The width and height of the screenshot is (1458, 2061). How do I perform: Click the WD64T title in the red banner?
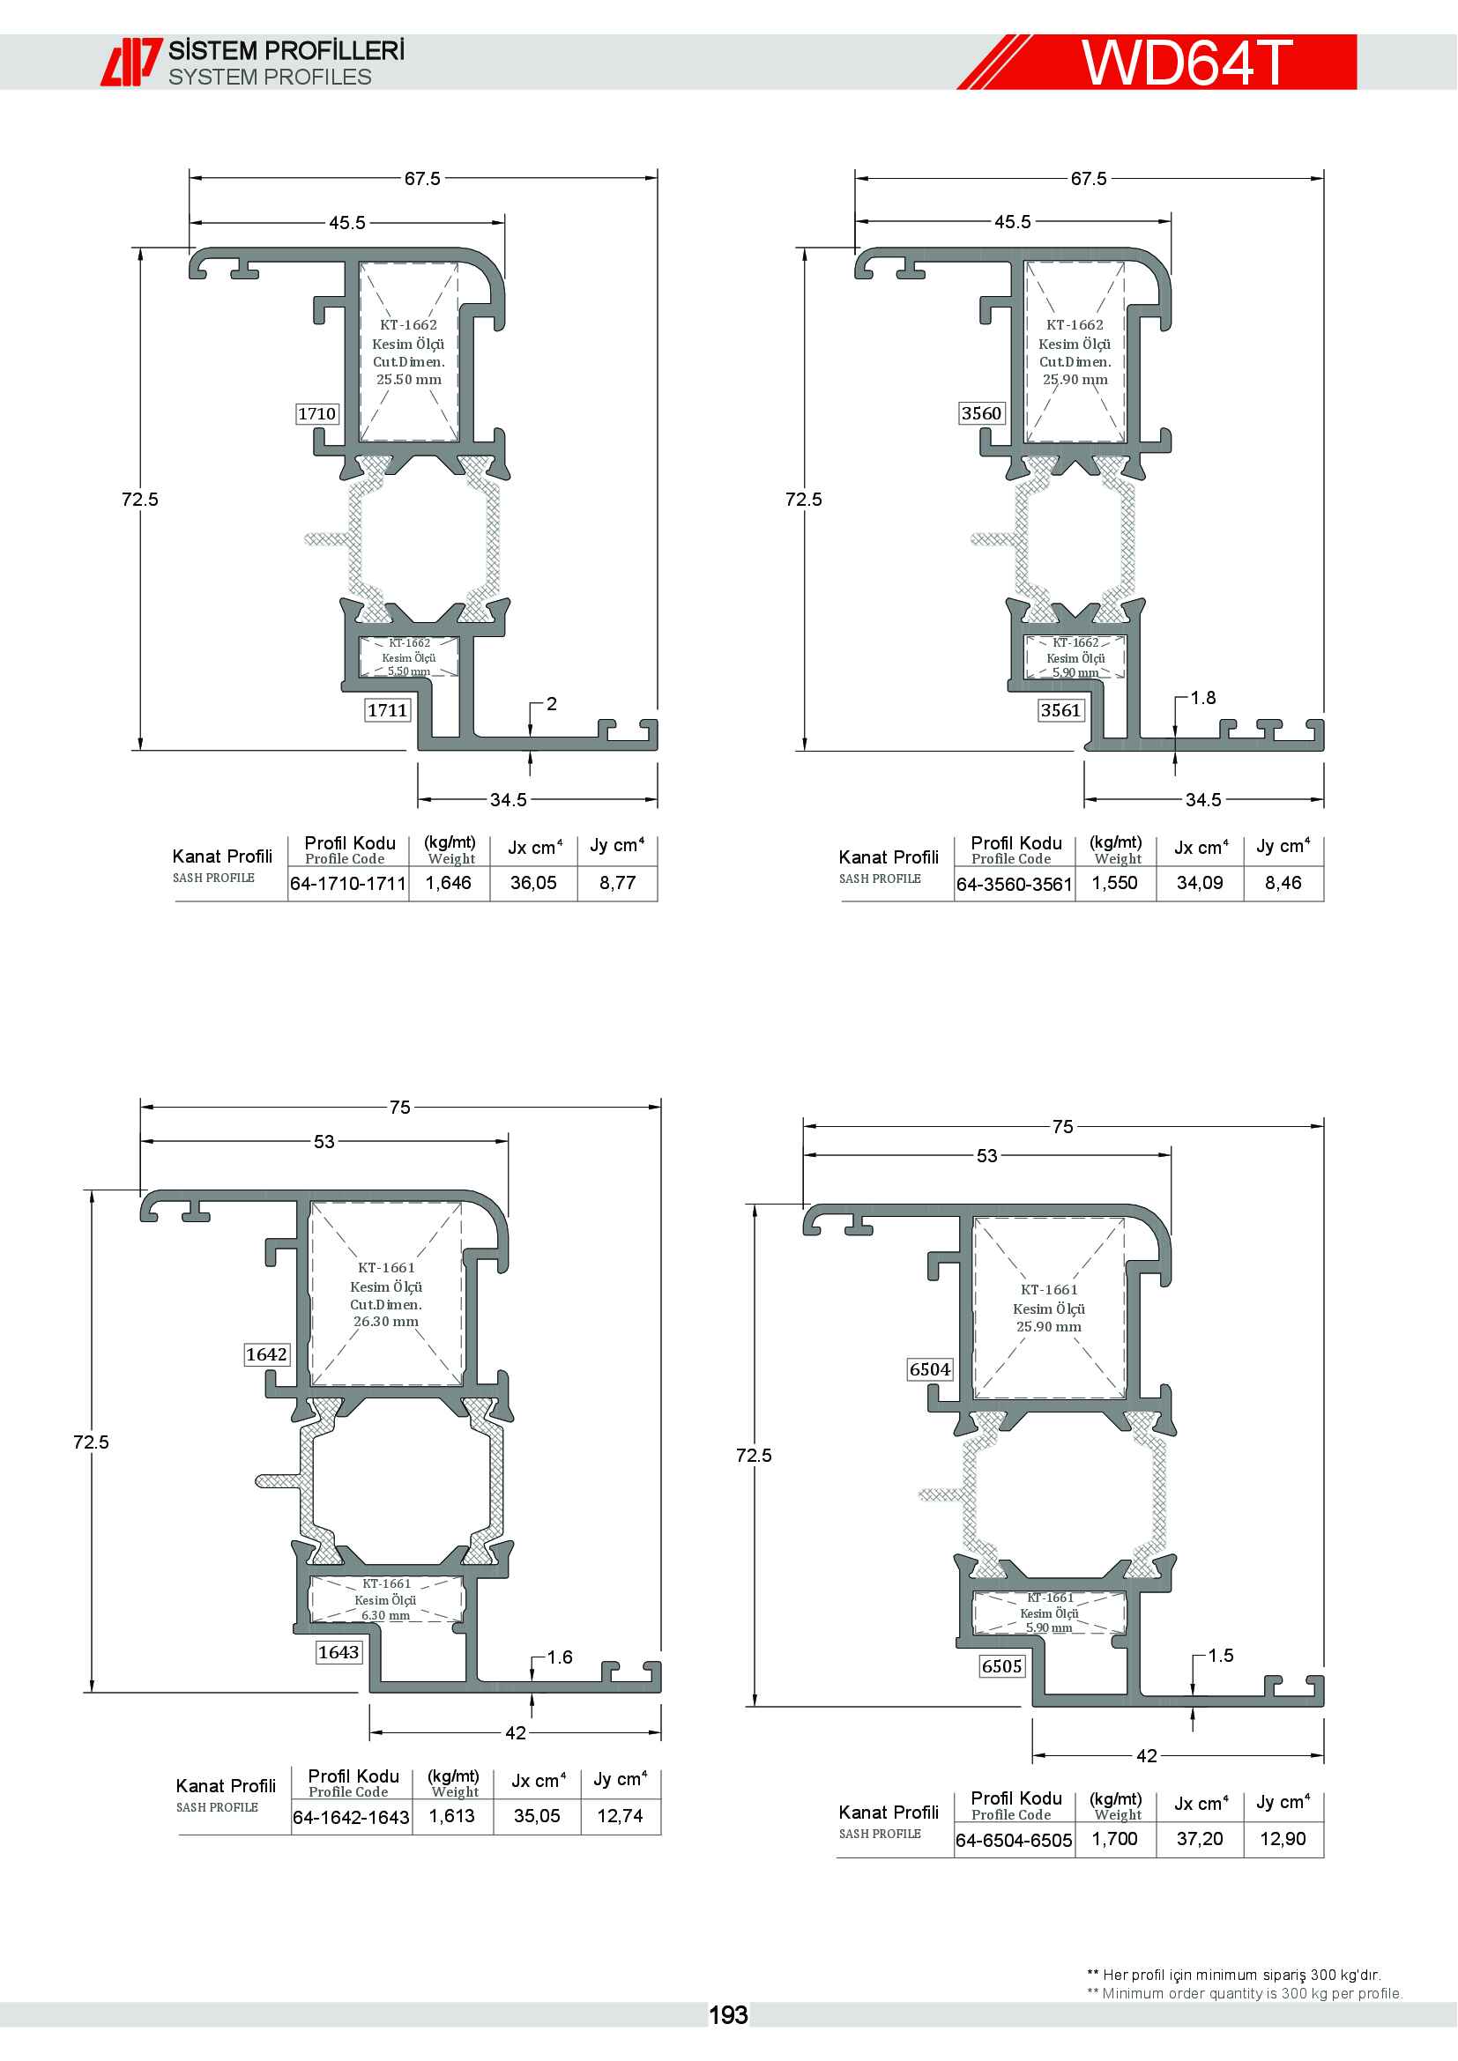coord(1186,62)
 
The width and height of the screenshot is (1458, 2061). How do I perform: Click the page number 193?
coord(728,2015)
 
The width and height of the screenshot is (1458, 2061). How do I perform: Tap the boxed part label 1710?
coord(317,414)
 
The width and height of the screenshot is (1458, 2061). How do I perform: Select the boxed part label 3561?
coord(1060,710)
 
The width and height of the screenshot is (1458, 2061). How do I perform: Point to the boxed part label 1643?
coord(338,1651)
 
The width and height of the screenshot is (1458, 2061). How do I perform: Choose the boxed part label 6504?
coord(929,1369)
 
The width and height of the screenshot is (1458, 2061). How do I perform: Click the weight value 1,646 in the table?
coord(448,883)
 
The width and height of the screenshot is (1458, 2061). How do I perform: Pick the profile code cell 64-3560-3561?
coord(1015,884)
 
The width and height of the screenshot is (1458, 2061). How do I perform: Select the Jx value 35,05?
coord(537,1816)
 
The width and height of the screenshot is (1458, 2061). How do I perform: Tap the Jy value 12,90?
coord(1283,1839)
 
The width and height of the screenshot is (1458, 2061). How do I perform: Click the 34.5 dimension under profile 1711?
coord(508,800)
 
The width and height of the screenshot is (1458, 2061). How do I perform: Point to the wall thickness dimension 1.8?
coord(1203,698)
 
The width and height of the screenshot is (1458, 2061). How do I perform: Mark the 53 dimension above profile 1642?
coord(324,1142)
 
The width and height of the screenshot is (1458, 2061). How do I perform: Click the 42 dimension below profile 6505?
coord(1147,1756)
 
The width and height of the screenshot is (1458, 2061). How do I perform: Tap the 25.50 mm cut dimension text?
coord(408,380)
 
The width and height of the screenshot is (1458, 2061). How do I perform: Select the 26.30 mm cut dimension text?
coord(386,1322)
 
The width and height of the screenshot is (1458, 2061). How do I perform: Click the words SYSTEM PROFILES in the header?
coord(271,78)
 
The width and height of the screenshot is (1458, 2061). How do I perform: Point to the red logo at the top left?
coord(131,62)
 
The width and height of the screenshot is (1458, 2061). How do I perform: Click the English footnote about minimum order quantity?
coord(1245,1994)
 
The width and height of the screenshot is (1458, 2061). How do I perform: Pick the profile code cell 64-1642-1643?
coord(351,1818)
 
